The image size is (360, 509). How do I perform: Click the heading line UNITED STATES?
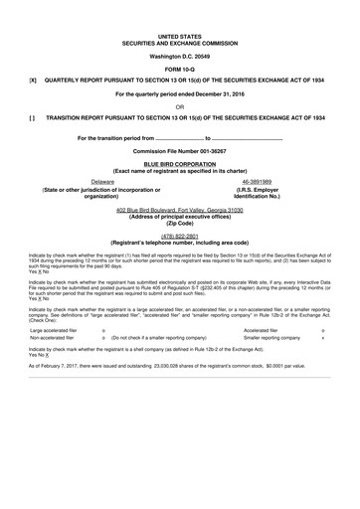click(179, 34)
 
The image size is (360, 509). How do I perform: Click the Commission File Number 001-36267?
click(179, 150)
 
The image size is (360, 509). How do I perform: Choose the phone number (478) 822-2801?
click(179, 237)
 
